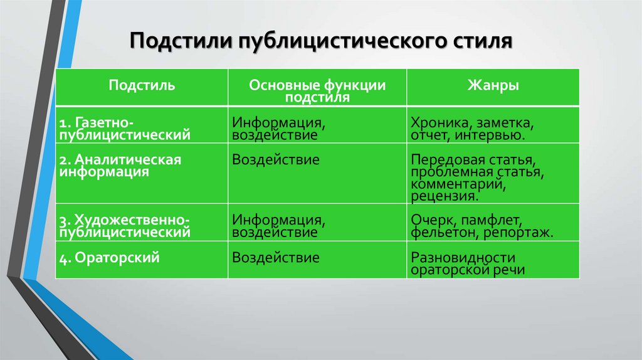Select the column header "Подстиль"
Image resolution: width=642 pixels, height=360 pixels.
[142, 85]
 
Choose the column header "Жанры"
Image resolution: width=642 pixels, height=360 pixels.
[493, 85]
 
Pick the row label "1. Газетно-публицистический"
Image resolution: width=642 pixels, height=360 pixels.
[125, 127]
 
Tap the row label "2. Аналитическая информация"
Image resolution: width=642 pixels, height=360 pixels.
[120, 166]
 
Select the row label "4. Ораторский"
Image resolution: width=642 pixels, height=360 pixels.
[107, 257]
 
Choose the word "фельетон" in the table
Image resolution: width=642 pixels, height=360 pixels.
[441, 232]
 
